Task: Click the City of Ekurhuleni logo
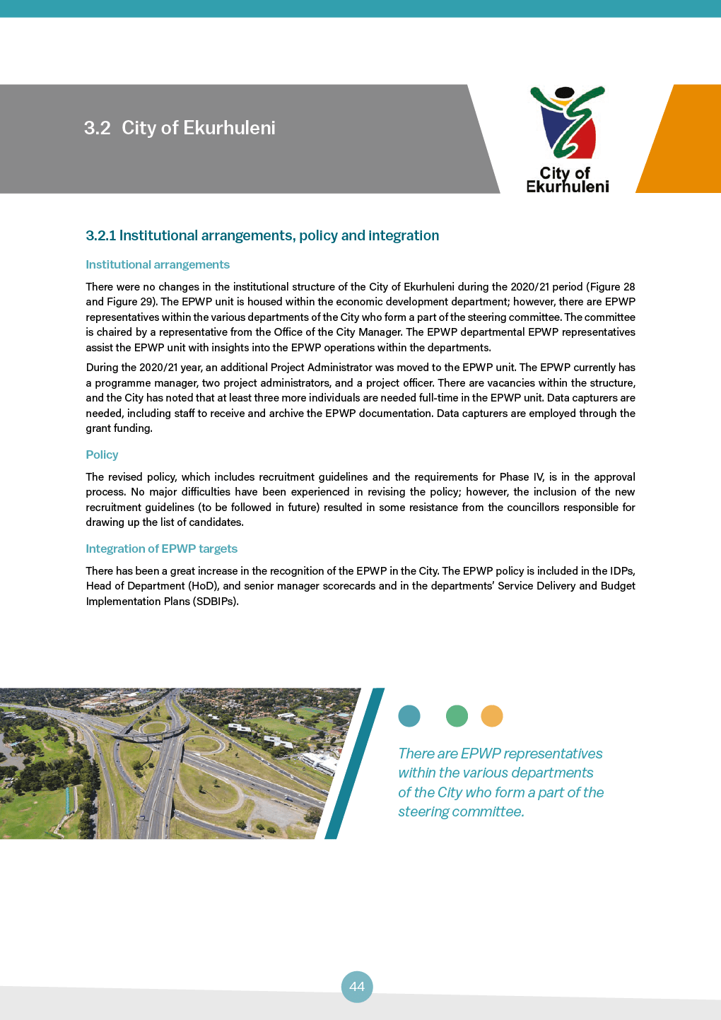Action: [x=568, y=139]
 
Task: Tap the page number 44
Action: [x=357, y=986]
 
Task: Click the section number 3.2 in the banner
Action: [x=98, y=128]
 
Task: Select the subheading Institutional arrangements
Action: [x=158, y=264]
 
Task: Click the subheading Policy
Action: [x=102, y=455]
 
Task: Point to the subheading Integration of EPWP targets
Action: [x=161, y=549]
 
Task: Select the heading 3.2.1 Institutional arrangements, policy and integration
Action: [x=262, y=235]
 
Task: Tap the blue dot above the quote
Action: [x=409, y=716]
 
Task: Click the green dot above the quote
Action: [x=457, y=716]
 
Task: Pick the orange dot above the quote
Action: [x=492, y=716]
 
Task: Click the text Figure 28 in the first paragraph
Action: [x=611, y=287]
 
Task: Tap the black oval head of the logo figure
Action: [x=565, y=93]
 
